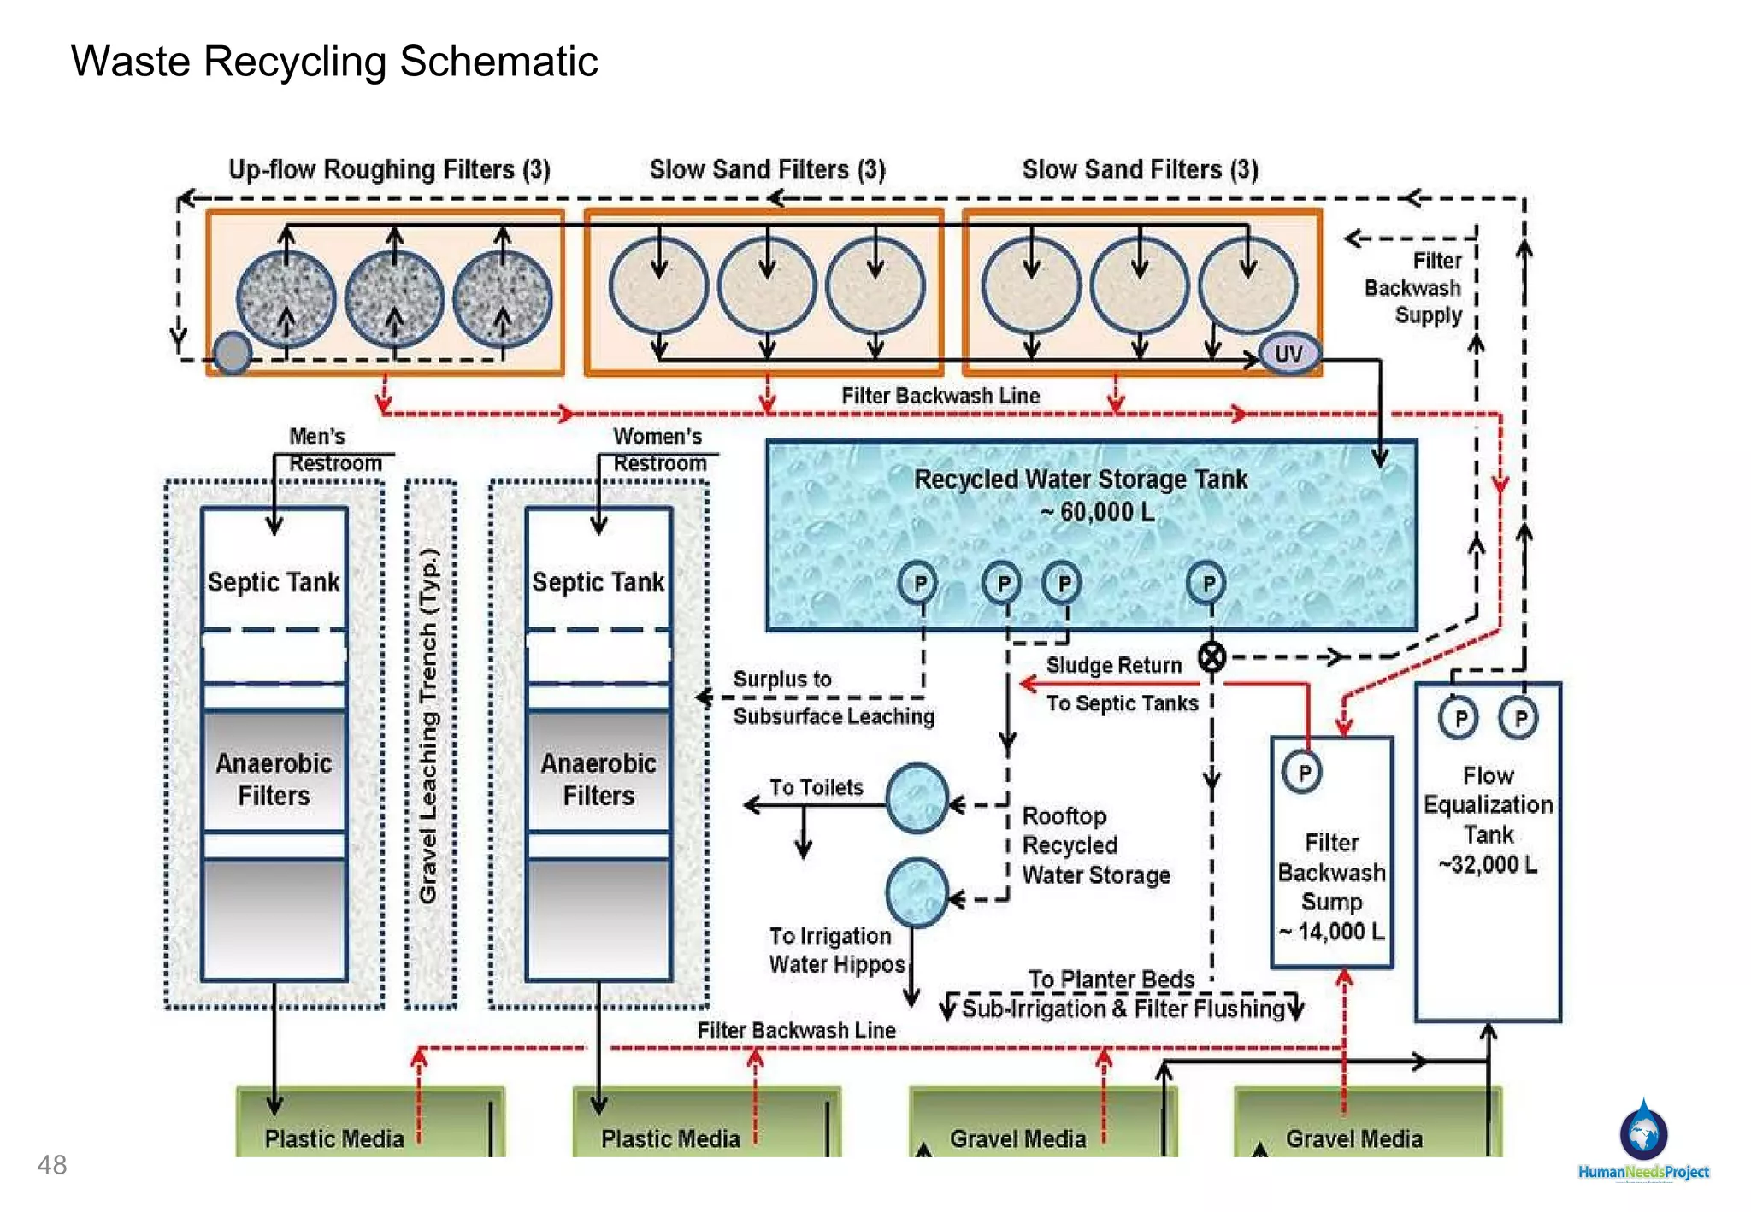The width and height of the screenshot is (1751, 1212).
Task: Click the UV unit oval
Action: (1288, 353)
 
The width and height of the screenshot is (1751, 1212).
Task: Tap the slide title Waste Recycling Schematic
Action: (334, 62)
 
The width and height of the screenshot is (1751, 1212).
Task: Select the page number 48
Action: (51, 1164)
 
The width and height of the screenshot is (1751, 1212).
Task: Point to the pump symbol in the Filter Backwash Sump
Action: (1302, 772)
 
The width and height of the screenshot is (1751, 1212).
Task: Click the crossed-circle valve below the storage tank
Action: (1212, 656)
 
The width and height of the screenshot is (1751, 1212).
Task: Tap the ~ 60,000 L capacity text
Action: (1097, 512)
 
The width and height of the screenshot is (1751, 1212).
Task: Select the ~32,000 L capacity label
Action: (1488, 864)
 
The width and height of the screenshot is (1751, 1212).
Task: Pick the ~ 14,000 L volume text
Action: (1331, 931)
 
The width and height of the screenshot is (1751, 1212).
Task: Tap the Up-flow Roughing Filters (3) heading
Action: (389, 169)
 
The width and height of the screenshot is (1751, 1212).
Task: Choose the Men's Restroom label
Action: (334, 450)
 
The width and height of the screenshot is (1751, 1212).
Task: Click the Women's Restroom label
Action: (659, 450)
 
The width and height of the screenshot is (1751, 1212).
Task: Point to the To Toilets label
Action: (816, 787)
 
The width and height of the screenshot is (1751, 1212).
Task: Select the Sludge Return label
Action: (1113, 665)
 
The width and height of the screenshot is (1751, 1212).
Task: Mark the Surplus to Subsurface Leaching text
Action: (834, 697)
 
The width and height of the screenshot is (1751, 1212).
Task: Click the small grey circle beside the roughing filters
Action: (232, 352)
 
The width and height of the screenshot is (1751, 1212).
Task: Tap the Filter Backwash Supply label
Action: (1413, 288)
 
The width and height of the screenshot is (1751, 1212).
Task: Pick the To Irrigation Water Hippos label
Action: (836, 950)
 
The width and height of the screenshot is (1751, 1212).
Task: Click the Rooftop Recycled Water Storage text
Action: (1096, 845)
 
